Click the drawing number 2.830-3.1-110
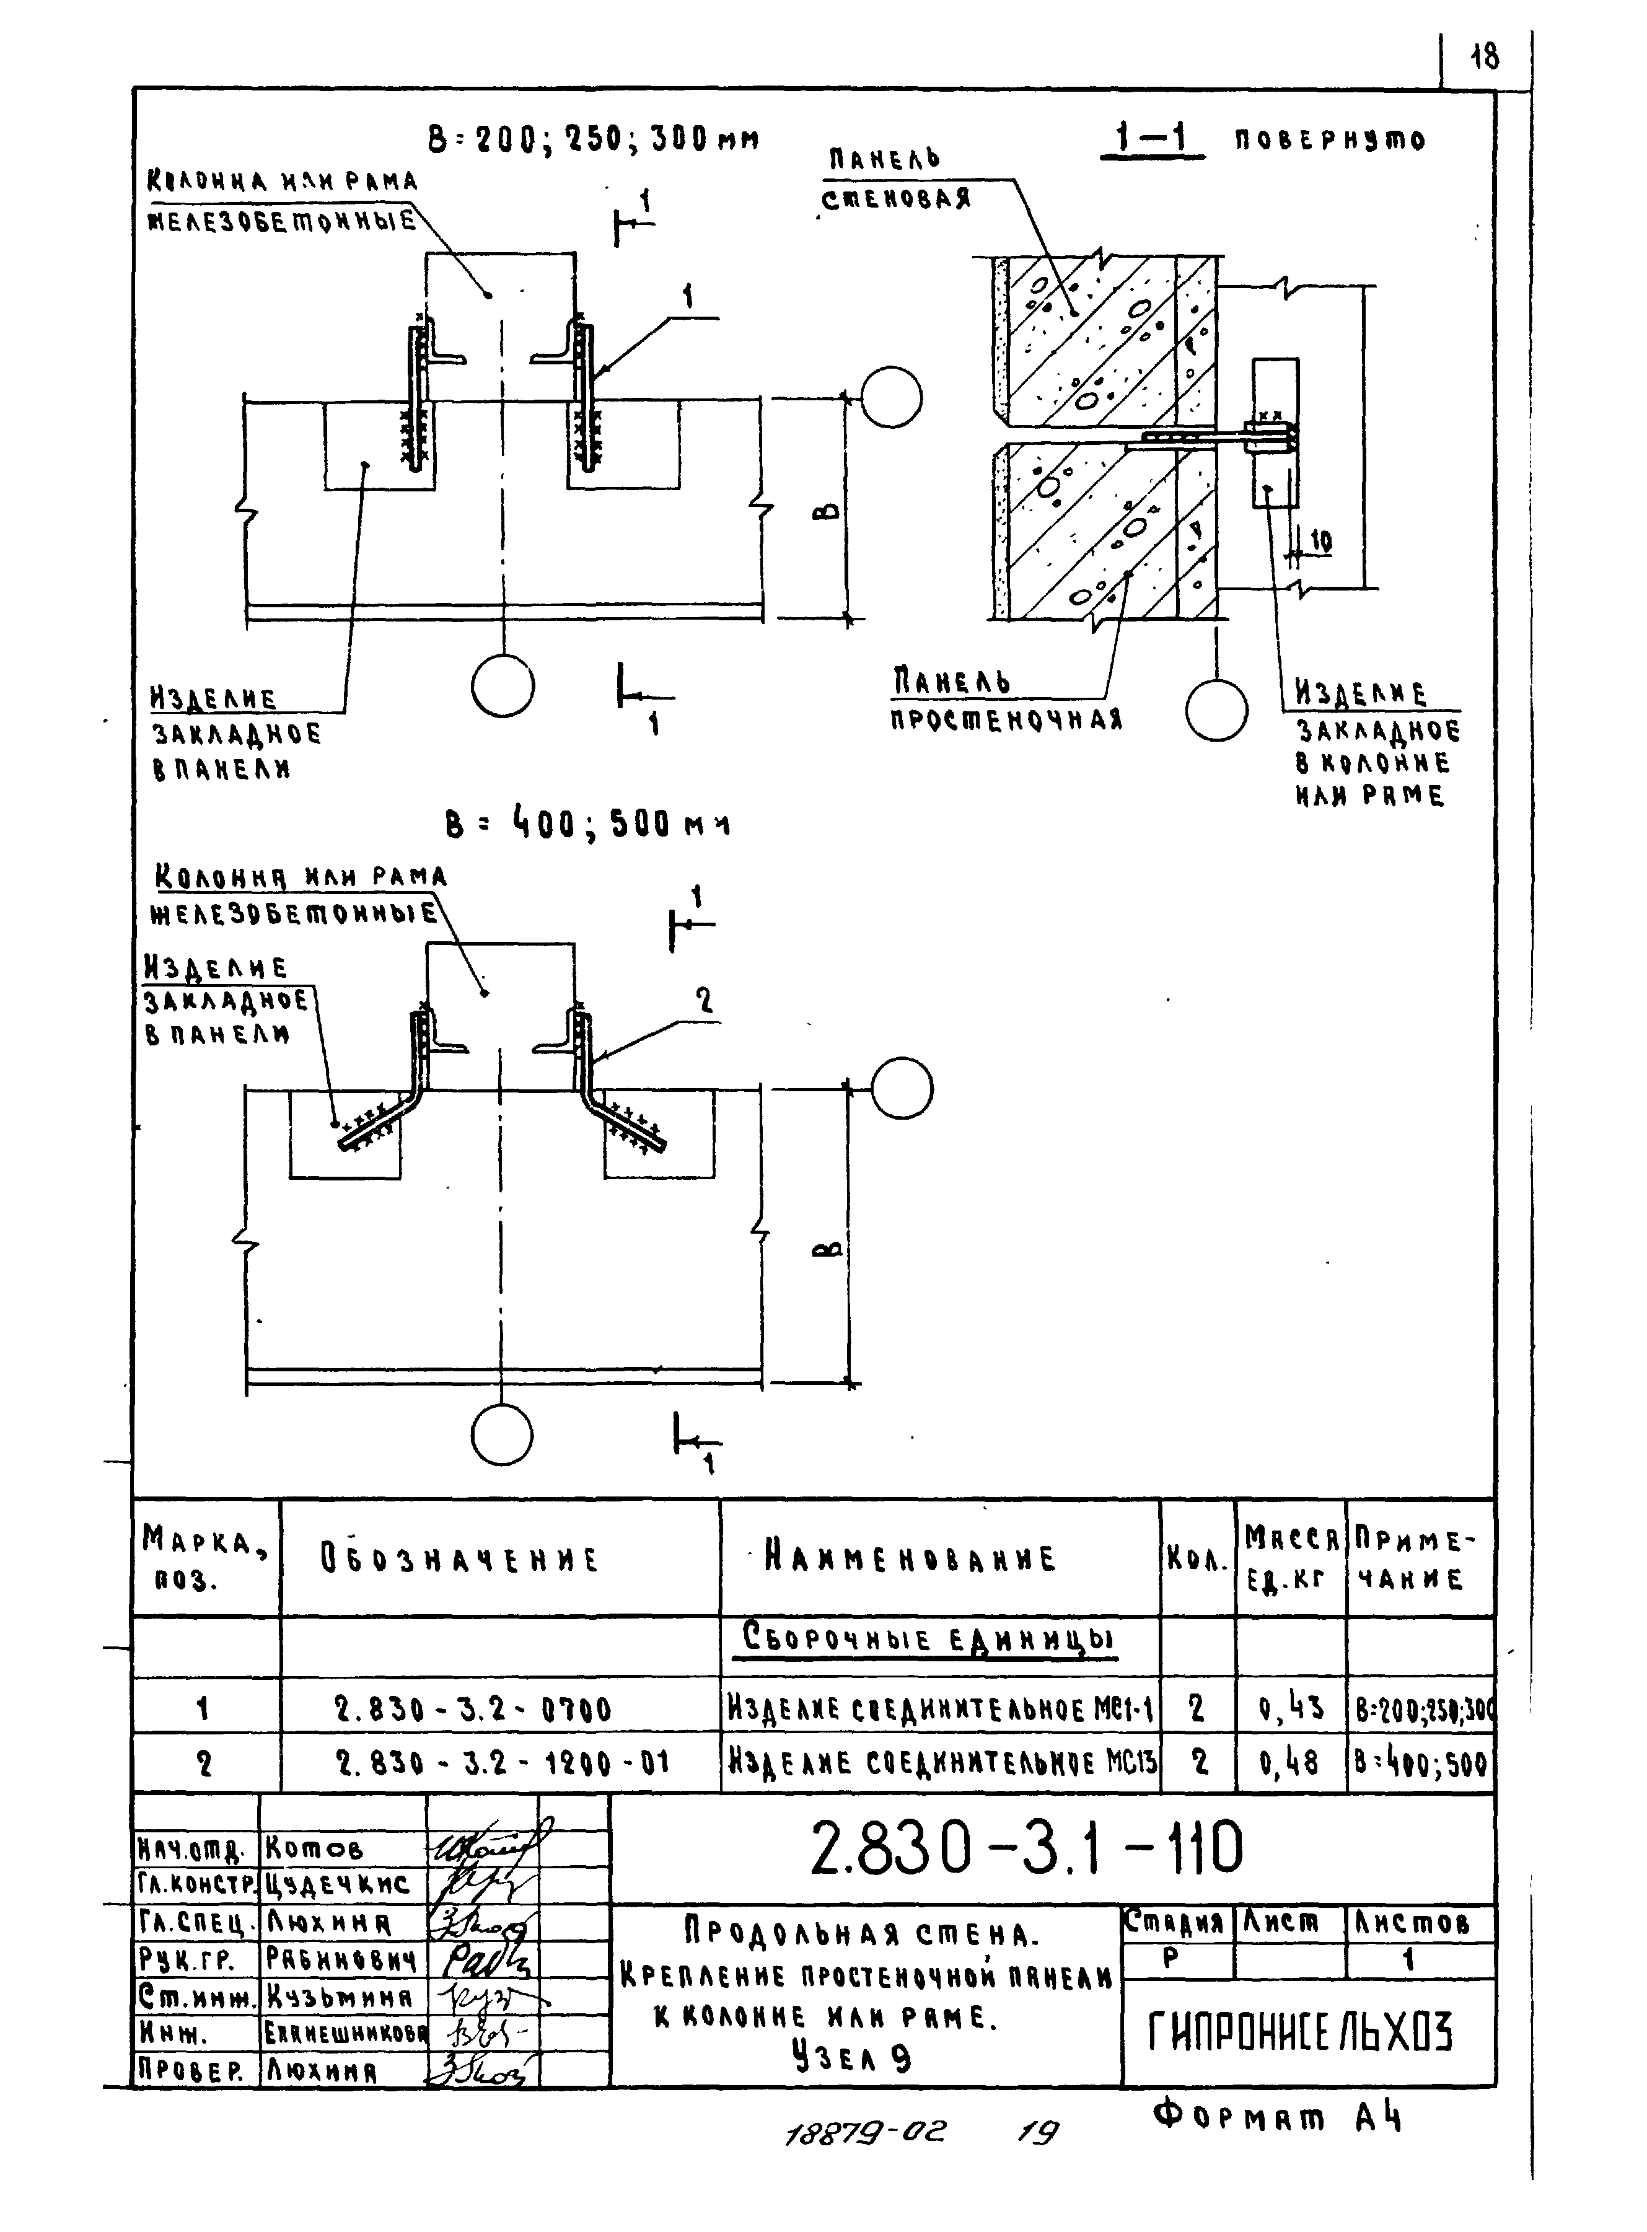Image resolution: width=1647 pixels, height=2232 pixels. coord(1027,1847)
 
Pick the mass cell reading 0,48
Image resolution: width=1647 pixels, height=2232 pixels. coord(1290,1764)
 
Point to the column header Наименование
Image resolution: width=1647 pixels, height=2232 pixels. coord(909,1558)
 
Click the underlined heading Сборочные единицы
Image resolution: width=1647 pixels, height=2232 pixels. coord(927,1640)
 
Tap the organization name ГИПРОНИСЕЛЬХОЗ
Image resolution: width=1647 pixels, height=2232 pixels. coord(1301,2029)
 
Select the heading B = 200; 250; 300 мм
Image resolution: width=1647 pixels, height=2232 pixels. coord(593,139)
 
